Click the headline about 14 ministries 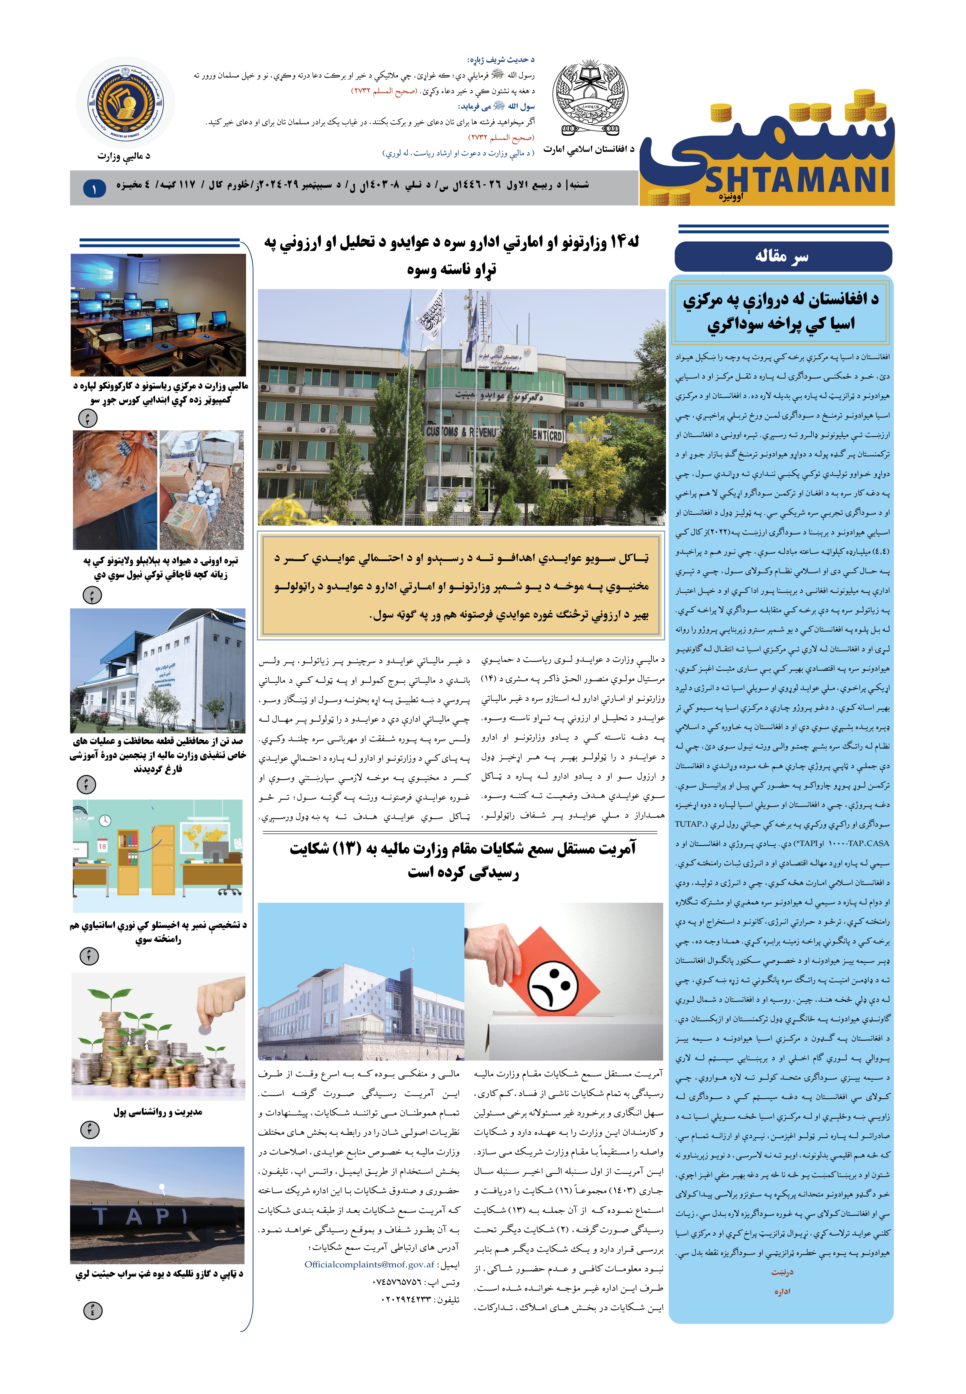click(x=451, y=255)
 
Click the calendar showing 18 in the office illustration click(x=102, y=846)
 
